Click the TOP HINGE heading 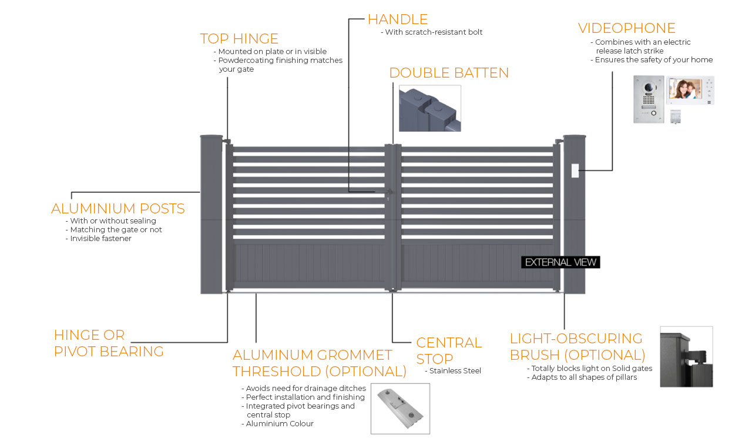pyautogui.click(x=239, y=39)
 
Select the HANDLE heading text pyautogui.click(x=398, y=19)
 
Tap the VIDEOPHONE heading pyautogui.click(x=626, y=28)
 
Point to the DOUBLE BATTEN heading pyautogui.click(x=449, y=73)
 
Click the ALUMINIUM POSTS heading pyautogui.click(x=118, y=209)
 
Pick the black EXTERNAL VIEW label pyautogui.click(x=560, y=262)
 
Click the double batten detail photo pyautogui.click(x=429, y=108)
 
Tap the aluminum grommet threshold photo pyautogui.click(x=400, y=409)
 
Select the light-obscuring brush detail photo pyautogui.click(x=686, y=357)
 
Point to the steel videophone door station pyautogui.click(x=648, y=99)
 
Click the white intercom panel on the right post pyautogui.click(x=575, y=171)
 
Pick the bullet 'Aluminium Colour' pyautogui.click(x=280, y=424)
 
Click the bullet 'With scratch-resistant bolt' pyautogui.click(x=434, y=32)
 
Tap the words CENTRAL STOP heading pyautogui.click(x=449, y=350)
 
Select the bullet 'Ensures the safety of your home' pyautogui.click(x=653, y=59)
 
